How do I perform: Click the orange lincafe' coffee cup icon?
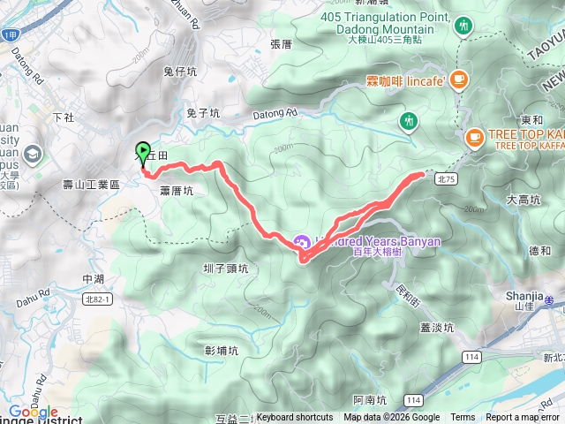[456, 81]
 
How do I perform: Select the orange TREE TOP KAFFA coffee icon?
[474, 137]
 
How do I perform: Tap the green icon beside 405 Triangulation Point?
[463, 27]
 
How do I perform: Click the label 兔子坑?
[202, 112]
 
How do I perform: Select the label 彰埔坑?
[222, 350]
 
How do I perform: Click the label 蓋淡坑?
[435, 326]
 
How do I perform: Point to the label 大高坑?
[523, 200]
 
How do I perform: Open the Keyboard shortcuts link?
[295, 418]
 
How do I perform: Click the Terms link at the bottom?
[463, 418]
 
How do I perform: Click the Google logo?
[33, 412]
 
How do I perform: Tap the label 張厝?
[281, 43]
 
